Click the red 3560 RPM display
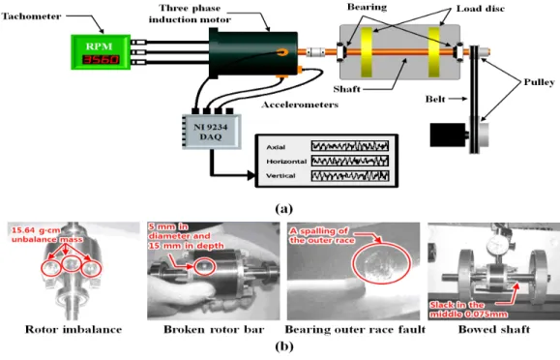point(101,59)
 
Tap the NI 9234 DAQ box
point(212,132)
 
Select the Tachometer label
point(31,16)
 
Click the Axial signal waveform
point(350,146)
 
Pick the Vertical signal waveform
point(350,176)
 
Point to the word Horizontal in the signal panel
point(286,162)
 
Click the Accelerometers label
point(300,105)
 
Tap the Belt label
point(435,99)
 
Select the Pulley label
point(539,82)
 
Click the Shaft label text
point(346,89)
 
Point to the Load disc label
point(481,9)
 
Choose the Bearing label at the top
point(367,7)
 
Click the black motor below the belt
point(448,135)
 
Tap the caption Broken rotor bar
point(214,329)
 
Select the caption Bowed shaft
point(494,329)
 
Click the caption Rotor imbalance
point(74,329)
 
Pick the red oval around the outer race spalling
point(381,263)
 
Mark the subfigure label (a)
point(284,208)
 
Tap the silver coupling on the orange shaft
point(315,52)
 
